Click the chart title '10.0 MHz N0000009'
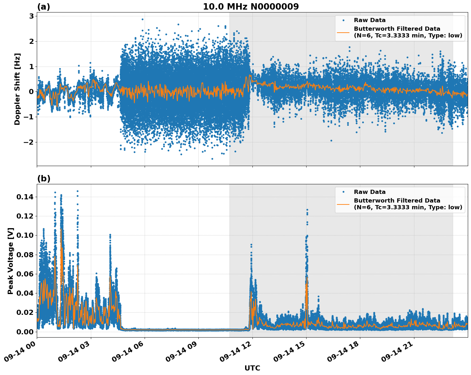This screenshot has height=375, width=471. pyautogui.click(x=251, y=7)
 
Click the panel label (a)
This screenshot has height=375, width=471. pyautogui.click(x=44, y=7)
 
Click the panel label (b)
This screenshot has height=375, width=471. pyautogui.click(x=44, y=179)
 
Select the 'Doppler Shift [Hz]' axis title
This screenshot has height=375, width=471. pyautogui.click(x=17, y=89)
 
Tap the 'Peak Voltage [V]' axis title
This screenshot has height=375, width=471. pyautogui.click(x=11, y=261)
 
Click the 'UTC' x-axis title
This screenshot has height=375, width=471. pyautogui.click(x=252, y=368)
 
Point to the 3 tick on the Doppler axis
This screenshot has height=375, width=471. pyautogui.click(x=31, y=16)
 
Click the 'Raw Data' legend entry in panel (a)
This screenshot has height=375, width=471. pyautogui.click(x=370, y=20)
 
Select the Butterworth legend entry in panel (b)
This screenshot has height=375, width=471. pyautogui.click(x=408, y=204)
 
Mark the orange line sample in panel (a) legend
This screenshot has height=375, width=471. pyautogui.click(x=343, y=32)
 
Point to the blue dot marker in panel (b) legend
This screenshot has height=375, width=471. pyautogui.click(x=343, y=192)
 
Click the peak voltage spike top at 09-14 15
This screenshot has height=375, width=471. pyautogui.click(x=307, y=210)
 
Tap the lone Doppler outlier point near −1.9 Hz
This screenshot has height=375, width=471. pyautogui.click(x=331, y=140)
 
